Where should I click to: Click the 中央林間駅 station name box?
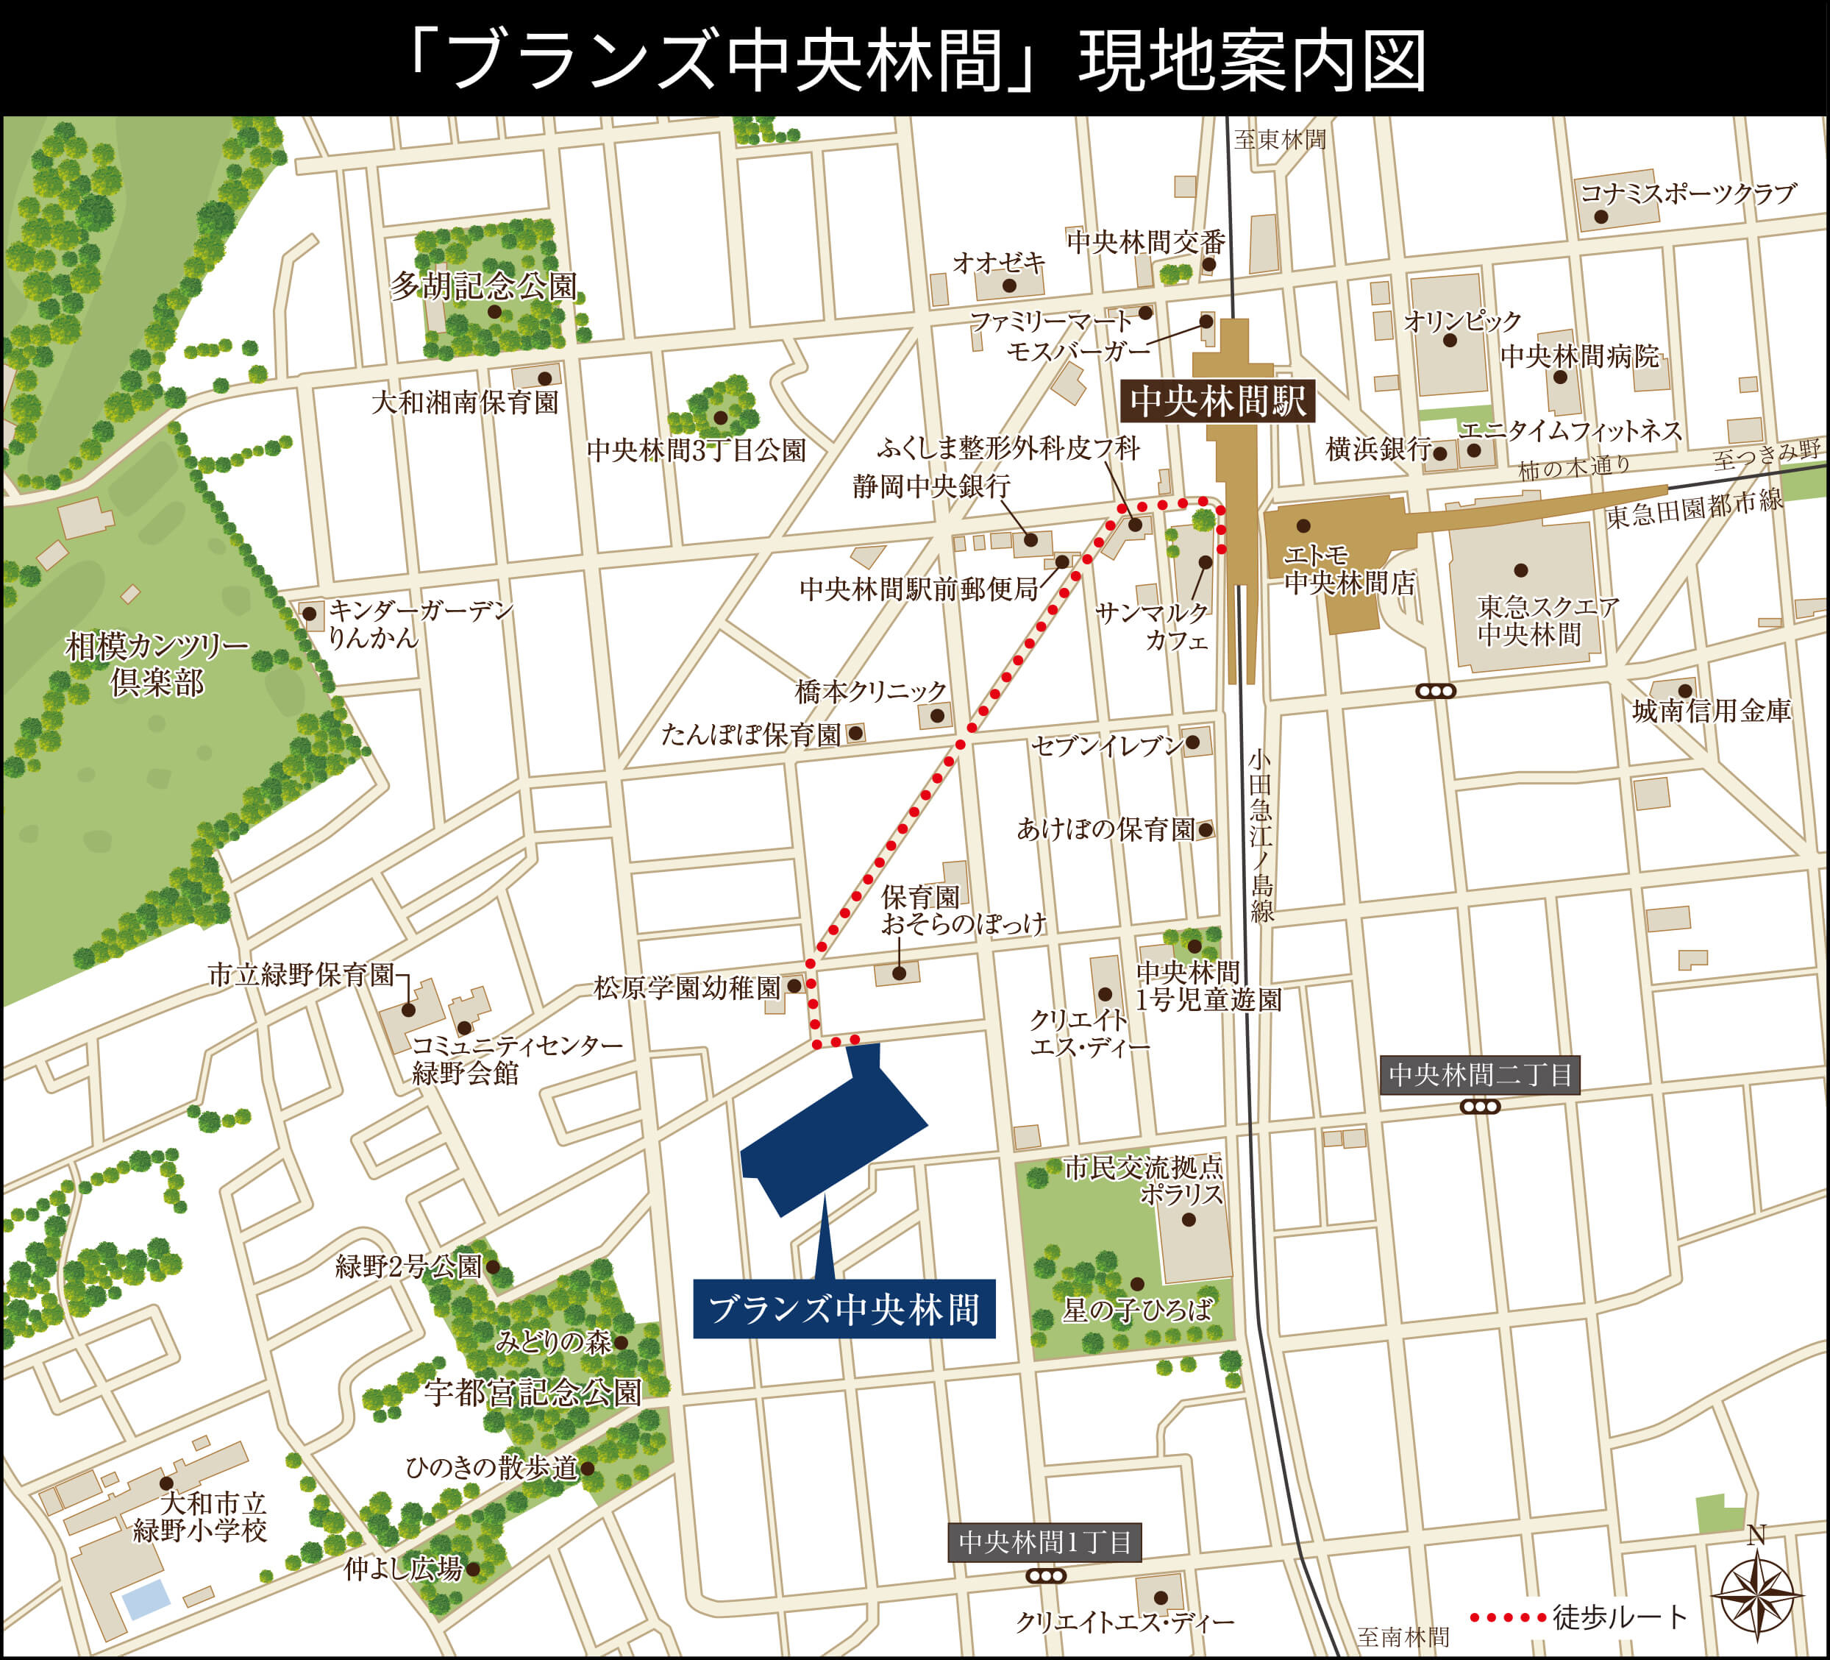coord(1218,400)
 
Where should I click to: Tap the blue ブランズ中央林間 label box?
coord(844,1308)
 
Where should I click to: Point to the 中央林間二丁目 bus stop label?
coord(1480,1075)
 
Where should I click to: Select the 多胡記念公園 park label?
coord(483,286)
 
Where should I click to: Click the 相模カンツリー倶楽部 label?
coord(157,664)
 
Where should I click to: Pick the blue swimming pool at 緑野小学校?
coord(146,1599)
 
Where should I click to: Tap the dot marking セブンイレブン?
coord(1193,742)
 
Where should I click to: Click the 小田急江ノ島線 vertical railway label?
coord(1261,835)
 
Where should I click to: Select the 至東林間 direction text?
coord(1280,140)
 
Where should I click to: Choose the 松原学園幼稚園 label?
coord(687,987)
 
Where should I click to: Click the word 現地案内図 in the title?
coord(1253,62)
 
